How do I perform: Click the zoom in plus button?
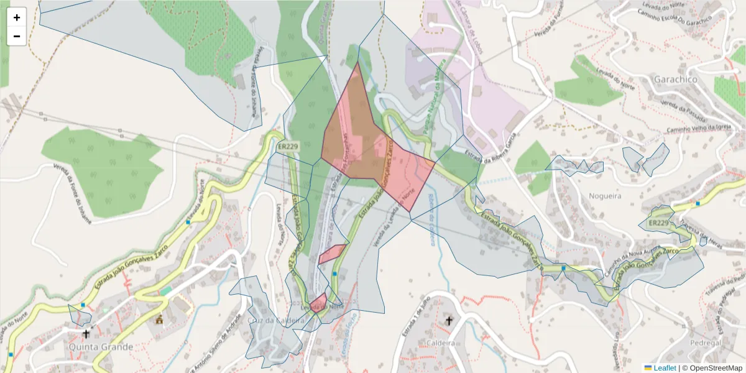pyautogui.click(x=17, y=17)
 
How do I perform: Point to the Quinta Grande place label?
pyautogui.click(x=101, y=346)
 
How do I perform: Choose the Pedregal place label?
pyautogui.click(x=706, y=343)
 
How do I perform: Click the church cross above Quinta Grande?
pyautogui.click(x=86, y=334)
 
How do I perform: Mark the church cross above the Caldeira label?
pyautogui.click(x=449, y=321)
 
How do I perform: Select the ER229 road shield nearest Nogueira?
pyautogui.click(x=658, y=223)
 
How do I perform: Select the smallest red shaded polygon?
pyautogui.click(x=318, y=303)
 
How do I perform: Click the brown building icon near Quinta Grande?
pyautogui.click(x=160, y=320)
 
